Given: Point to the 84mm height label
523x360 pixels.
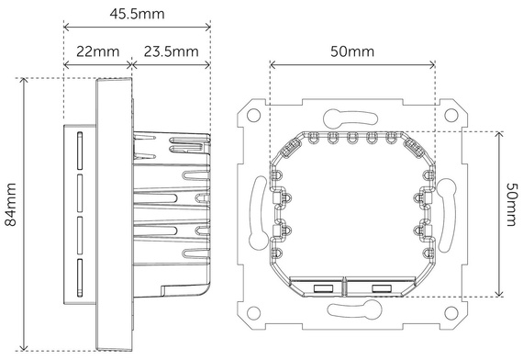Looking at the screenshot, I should [10, 215].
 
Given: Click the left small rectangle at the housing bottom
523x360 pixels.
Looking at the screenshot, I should [324, 288].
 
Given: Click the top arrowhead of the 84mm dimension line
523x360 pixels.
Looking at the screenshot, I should [24, 81].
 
